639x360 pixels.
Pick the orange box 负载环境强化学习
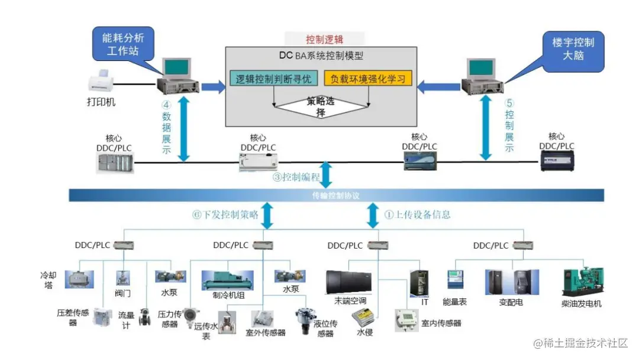click(x=367, y=78)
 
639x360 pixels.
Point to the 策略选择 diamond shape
click(x=321, y=107)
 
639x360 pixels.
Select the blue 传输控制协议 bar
click(x=336, y=195)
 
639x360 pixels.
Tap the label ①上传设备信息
click(x=417, y=214)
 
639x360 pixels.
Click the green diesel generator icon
click(x=581, y=282)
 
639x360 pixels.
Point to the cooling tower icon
click(x=79, y=279)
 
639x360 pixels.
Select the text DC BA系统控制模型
click(x=321, y=56)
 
